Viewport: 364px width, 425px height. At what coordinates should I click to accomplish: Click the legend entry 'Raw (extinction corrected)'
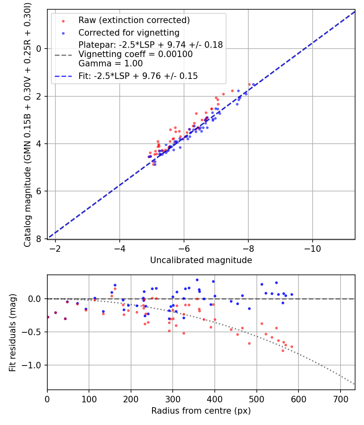pyautogui.click(x=134, y=20)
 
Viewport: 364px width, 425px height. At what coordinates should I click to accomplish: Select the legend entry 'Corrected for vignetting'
pyautogui.click(x=129, y=32)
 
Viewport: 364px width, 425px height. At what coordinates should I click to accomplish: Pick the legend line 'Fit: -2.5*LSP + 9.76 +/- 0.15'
pyautogui.click(x=138, y=76)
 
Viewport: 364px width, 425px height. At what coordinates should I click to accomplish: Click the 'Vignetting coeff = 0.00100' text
pyautogui.click(x=135, y=54)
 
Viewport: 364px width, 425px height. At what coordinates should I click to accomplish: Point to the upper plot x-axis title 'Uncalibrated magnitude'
pyautogui.click(x=201, y=260)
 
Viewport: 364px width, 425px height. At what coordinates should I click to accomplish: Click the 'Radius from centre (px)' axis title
pyautogui.click(x=201, y=411)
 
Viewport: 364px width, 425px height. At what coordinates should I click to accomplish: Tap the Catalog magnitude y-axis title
pyautogui.click(x=27, y=124)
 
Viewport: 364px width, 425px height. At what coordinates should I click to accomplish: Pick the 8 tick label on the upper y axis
pyautogui.click(x=39, y=239)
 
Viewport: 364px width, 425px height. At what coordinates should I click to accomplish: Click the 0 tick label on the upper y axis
pyautogui.click(x=39, y=49)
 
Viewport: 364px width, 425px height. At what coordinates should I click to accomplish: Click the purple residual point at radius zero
pyautogui.click(x=48, y=317)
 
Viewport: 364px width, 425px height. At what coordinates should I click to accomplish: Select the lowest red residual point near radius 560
pyautogui.click(x=283, y=351)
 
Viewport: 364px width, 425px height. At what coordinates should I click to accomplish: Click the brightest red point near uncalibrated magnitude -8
pyautogui.click(x=250, y=84)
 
